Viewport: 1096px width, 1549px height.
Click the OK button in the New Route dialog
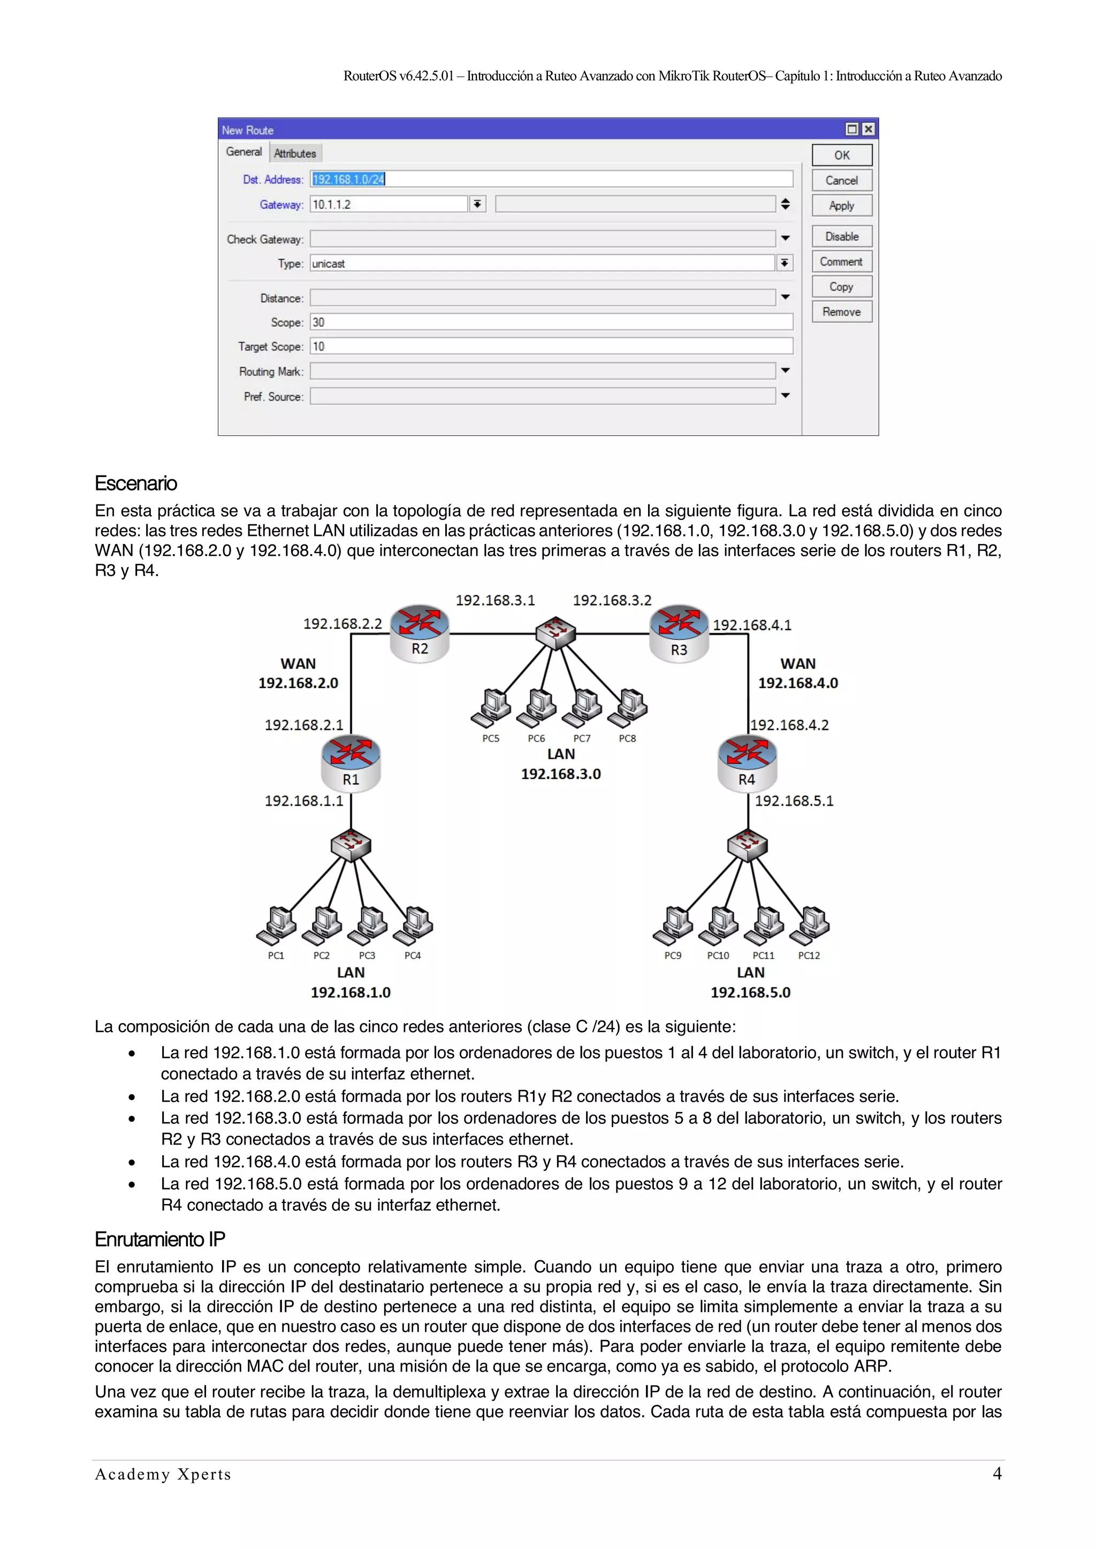pos(842,155)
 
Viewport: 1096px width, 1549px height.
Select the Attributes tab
pos(295,153)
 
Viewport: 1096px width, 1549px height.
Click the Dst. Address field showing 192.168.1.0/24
pos(551,179)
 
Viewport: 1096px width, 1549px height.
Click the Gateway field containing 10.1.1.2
pos(389,204)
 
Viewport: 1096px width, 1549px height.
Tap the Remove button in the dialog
pos(842,312)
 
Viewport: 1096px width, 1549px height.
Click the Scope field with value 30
pos(551,323)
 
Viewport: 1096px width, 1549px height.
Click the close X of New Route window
pos(869,129)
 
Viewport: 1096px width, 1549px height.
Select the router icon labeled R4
pos(747,762)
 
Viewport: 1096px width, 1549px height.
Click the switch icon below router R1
pos(351,845)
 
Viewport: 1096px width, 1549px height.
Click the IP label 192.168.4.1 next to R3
pos(752,625)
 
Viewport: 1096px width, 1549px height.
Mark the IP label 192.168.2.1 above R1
pos(303,725)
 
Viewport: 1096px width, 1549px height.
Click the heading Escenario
pos(135,484)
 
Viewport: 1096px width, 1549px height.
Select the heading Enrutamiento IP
pos(160,1239)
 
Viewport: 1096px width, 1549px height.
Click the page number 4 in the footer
pos(997,1474)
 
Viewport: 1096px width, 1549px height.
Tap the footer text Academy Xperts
pos(163,1474)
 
